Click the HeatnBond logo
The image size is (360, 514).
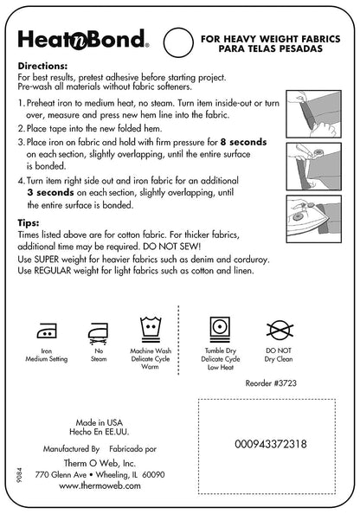tap(83, 39)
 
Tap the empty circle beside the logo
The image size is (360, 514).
tap(178, 42)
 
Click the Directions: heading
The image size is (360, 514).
tap(42, 66)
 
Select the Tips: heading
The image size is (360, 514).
tap(29, 223)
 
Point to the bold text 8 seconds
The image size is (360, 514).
tap(244, 142)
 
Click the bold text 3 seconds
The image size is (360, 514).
tap(50, 192)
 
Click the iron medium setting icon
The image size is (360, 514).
tap(47, 331)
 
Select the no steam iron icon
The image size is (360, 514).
tap(99, 333)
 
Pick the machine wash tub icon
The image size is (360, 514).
tap(151, 330)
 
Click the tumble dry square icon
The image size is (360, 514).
tap(220, 330)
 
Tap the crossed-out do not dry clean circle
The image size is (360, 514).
tap(280, 330)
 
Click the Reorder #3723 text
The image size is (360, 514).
tap(271, 382)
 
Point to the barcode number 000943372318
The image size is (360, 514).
tap(271, 444)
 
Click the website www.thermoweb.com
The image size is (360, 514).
tap(100, 485)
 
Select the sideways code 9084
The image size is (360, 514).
tap(20, 475)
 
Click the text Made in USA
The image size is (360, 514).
tap(99, 422)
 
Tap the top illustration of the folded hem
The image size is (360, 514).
tap(314, 113)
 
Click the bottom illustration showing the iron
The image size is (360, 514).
tap(314, 219)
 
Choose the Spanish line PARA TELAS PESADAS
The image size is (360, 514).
tap(271, 48)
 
